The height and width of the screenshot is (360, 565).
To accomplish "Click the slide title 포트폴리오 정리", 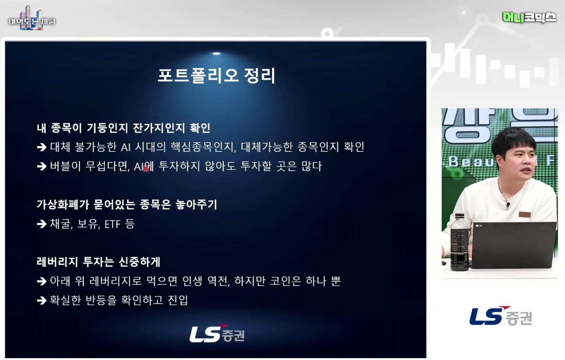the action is (x=216, y=76).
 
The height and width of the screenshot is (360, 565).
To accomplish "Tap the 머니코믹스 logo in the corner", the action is (x=529, y=17).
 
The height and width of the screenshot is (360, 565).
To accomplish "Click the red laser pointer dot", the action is (x=146, y=168).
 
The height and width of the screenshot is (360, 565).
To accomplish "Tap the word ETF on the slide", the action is (x=112, y=224).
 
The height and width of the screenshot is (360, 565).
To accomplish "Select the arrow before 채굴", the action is (x=42, y=224).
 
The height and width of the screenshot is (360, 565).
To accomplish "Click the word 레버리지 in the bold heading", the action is (x=57, y=262).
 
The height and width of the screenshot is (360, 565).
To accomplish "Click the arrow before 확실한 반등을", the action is (x=42, y=300).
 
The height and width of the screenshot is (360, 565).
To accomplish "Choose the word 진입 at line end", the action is (x=178, y=300).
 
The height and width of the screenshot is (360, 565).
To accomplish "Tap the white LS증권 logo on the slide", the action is (x=217, y=334).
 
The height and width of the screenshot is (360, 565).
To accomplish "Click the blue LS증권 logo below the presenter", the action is (x=501, y=316).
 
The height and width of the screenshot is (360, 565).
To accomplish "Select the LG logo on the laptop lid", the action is (x=479, y=225).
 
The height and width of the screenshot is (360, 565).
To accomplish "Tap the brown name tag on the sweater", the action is (x=524, y=215).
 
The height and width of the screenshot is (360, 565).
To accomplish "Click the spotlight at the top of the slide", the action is (x=216, y=54).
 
